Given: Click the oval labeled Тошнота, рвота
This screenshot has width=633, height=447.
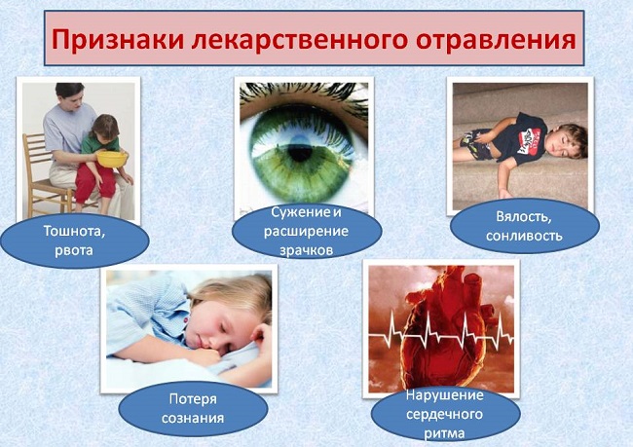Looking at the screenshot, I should (x=74, y=240).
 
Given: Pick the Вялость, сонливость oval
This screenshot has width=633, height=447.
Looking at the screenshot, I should (x=525, y=227).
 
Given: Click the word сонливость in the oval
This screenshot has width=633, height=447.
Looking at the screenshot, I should (x=525, y=237).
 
